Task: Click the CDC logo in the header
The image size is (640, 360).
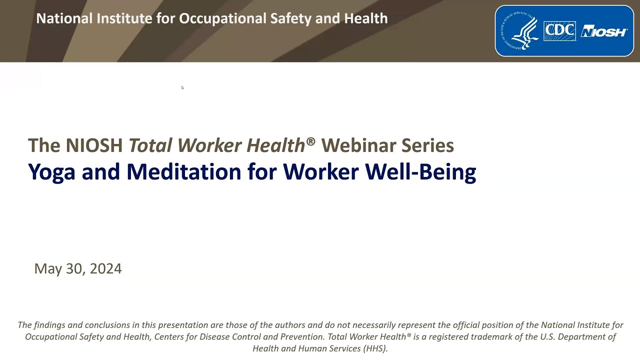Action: point(559,31)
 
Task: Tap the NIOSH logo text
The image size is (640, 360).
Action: point(603,32)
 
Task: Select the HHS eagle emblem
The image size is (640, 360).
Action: point(520,31)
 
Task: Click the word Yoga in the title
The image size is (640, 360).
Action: point(52,172)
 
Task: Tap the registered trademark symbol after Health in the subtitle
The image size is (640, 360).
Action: point(310,141)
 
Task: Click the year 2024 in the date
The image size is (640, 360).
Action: point(106,269)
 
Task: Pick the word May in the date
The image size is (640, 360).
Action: point(48,269)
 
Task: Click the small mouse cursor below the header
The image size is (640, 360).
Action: point(182,87)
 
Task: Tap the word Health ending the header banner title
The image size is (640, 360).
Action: point(366,18)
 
